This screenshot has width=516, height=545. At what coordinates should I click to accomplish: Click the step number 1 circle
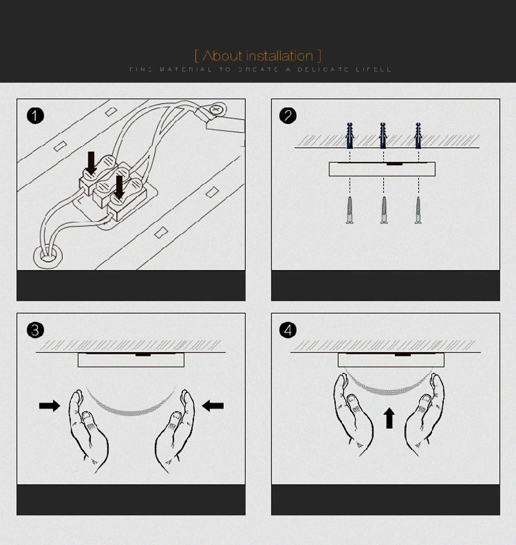[x=35, y=116]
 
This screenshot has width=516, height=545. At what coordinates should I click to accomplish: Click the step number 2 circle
[x=288, y=116]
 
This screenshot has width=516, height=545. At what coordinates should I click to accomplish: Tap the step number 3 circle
[x=35, y=330]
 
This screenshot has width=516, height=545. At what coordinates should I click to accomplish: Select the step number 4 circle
[x=288, y=330]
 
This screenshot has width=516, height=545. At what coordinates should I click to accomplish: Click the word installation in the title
[x=279, y=56]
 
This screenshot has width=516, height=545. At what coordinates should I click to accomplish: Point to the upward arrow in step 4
[x=389, y=418]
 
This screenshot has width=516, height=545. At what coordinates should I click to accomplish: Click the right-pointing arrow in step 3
[x=49, y=406]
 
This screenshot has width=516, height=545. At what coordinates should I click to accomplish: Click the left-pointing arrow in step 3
[x=213, y=406]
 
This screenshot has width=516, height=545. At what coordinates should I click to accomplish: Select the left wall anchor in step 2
[x=350, y=135]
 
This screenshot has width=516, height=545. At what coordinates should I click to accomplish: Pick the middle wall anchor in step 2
[x=383, y=135]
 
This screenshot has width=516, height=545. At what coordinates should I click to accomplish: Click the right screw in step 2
[x=418, y=210]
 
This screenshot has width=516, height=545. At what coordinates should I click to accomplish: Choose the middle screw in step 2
[x=384, y=210]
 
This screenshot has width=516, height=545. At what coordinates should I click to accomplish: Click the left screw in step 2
[x=350, y=210]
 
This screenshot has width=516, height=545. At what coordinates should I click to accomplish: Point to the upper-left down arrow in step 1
[x=92, y=163]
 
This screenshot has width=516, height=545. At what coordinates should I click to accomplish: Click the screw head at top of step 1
[x=216, y=110]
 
